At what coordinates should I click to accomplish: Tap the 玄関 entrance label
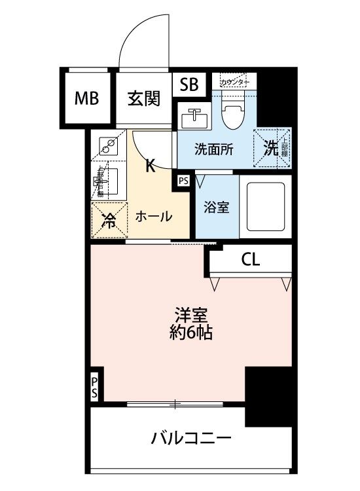point(143,99)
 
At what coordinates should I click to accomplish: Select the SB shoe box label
point(189,84)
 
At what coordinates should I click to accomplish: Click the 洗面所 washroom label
point(213,149)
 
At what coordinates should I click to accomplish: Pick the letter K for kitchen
point(149,166)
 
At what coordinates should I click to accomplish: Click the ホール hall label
point(154,216)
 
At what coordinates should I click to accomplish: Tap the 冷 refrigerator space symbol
point(108,220)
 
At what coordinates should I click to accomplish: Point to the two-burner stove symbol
point(108,145)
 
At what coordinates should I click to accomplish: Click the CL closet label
point(250,259)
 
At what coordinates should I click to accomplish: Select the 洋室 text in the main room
point(190,313)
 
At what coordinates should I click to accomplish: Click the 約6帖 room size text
point(190,333)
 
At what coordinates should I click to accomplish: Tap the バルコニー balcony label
point(191,438)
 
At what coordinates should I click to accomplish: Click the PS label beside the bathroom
point(183,179)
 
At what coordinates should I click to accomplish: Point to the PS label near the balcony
point(95,387)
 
